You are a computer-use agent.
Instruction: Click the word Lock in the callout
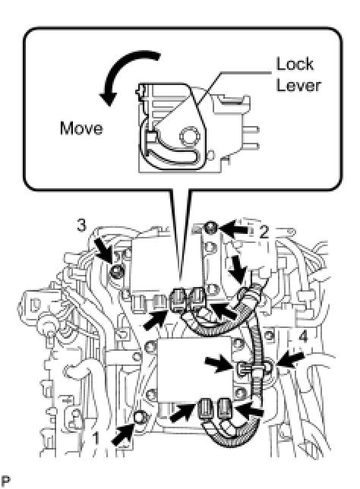point(295,65)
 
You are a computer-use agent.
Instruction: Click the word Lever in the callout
point(298,85)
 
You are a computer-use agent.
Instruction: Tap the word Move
point(81,128)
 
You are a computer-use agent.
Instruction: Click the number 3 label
point(81,226)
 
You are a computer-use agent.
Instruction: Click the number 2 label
point(264,232)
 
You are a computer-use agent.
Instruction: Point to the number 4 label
point(303,337)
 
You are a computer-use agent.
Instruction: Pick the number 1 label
point(96,438)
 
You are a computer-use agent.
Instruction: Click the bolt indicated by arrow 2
point(213,228)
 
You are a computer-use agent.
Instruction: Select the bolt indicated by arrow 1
point(140,417)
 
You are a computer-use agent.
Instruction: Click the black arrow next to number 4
point(290,360)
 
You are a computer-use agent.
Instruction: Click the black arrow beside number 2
point(235,229)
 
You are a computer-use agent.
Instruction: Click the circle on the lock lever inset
point(189,136)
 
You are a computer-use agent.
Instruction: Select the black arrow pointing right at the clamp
point(219,363)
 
